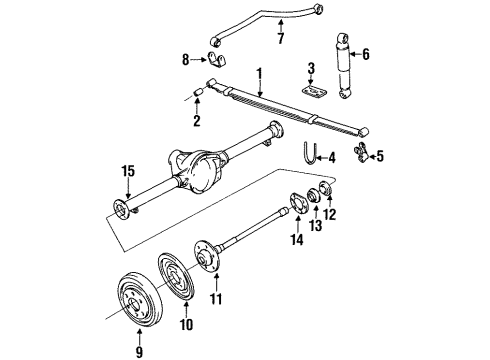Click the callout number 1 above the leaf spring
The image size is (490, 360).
tap(259, 73)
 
